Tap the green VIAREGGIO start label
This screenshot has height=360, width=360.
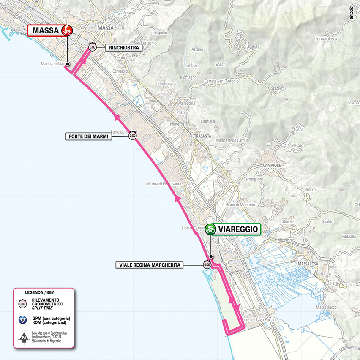point(233,229)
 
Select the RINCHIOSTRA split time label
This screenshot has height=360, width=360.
point(123,48)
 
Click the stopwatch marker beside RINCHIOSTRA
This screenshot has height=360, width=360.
point(93,48)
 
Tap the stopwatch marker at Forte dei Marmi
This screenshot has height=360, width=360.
point(133,136)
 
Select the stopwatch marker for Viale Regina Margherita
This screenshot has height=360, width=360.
point(207,265)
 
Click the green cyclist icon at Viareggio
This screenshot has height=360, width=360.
point(211,229)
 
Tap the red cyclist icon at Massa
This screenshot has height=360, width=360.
point(67,30)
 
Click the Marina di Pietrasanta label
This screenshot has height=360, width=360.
point(163,183)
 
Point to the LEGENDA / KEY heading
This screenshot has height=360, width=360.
point(39,292)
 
